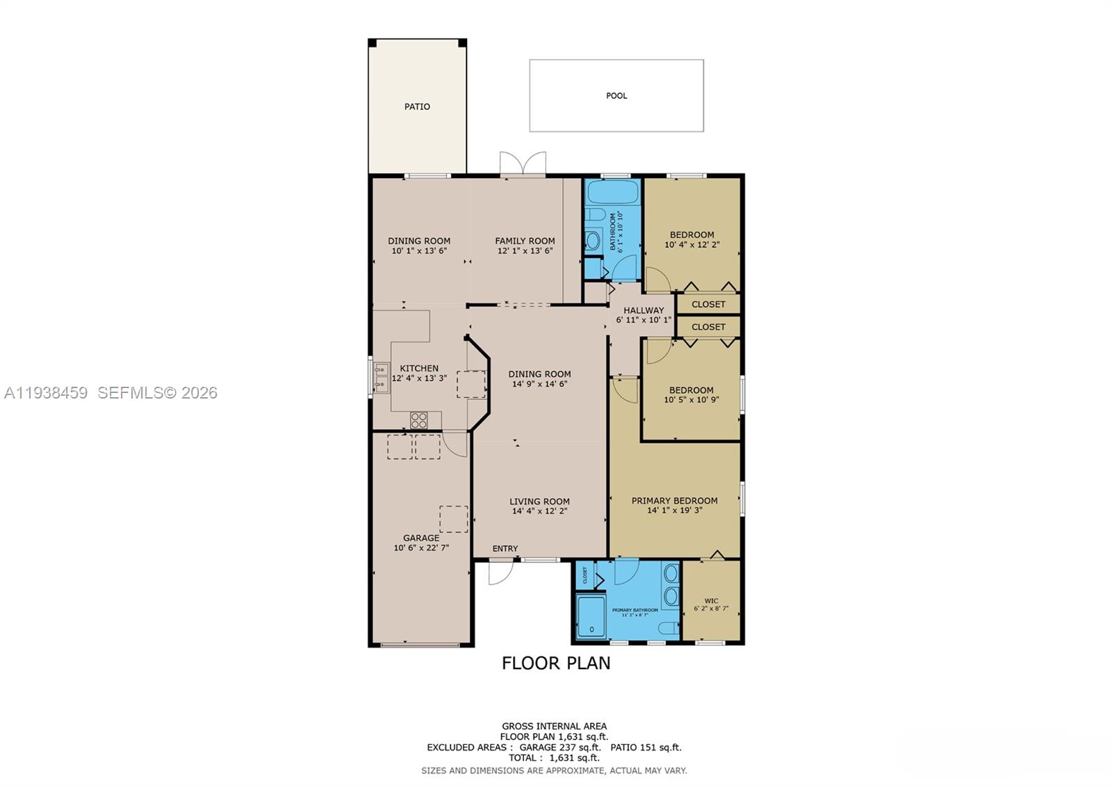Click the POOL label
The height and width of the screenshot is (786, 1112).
tap(616, 96)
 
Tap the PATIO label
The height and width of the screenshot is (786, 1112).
tap(417, 106)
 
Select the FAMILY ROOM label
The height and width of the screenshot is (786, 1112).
tap(525, 241)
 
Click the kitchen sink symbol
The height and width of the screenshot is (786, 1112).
tap(381, 377)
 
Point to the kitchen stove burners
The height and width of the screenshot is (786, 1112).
tap(418, 419)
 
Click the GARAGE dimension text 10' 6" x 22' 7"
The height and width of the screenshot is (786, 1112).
tap(421, 548)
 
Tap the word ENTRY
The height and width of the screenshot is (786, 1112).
tap(505, 549)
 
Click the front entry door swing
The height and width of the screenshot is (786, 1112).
tap(500, 572)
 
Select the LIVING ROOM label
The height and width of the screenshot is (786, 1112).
tap(539, 501)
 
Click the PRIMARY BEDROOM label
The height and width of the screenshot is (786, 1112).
tap(674, 500)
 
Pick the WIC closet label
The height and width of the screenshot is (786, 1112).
tap(711, 601)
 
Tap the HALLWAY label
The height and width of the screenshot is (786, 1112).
tap(644, 310)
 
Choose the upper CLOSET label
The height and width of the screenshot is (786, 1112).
tap(708, 304)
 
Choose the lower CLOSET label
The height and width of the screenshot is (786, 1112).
tap(708, 327)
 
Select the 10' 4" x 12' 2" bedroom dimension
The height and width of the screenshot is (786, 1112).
tap(692, 245)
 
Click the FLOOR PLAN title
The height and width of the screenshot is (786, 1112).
tap(556, 663)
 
